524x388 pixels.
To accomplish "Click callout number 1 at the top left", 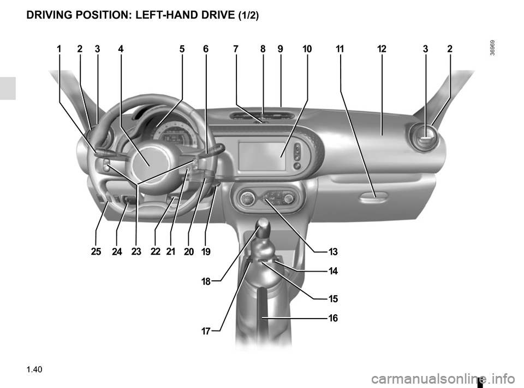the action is click(59, 49).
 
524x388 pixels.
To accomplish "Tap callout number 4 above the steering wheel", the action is click(121, 49).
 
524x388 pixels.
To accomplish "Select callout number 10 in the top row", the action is click(307, 49).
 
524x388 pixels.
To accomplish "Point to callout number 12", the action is click(382, 49).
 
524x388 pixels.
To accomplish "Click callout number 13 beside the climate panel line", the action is click(333, 251).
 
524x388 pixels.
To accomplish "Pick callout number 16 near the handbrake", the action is click(333, 318).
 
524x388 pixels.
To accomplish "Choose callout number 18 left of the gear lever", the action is click(206, 281).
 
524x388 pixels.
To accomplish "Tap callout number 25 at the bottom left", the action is click(96, 251).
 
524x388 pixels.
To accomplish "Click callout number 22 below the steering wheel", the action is click(156, 251).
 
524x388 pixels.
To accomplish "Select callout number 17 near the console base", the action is click(206, 331).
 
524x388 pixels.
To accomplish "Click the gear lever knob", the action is click(263, 225).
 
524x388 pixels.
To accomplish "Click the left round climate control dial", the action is click(247, 199).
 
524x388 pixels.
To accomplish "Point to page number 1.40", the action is click(34, 369).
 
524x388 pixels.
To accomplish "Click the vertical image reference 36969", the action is click(493, 48).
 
